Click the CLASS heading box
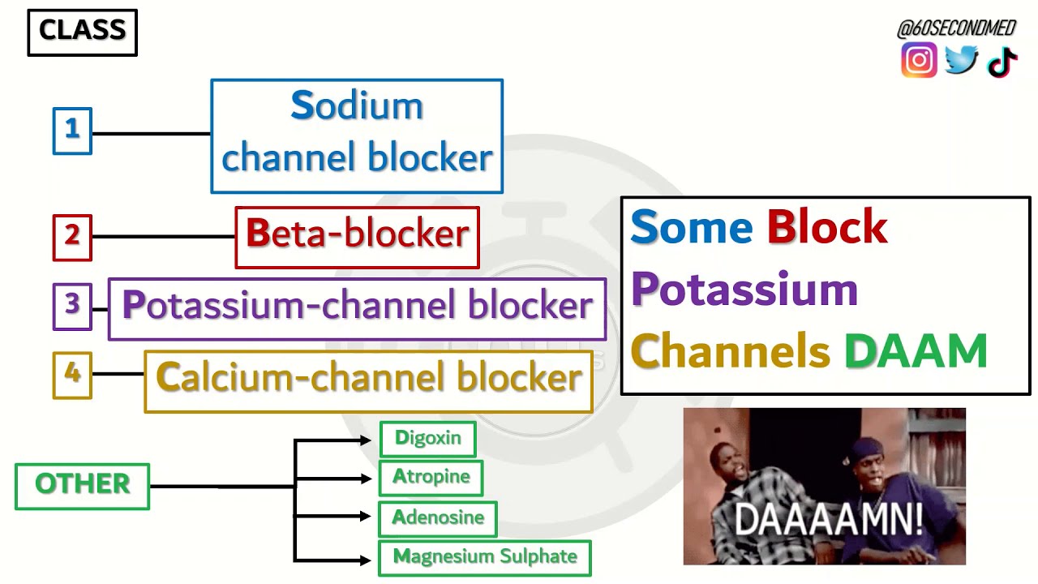tap(82, 32)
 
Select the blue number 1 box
tap(72, 131)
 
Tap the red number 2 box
tap(72, 237)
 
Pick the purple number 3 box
tap(72, 306)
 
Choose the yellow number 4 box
tap(72, 375)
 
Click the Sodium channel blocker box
tap(357, 136)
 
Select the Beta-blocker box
tap(357, 237)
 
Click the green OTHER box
tap(82, 486)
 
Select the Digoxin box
tap(427, 439)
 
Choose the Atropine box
tap(431, 478)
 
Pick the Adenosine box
tap(438, 518)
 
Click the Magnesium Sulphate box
tap(485, 558)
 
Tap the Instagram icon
tap(919, 61)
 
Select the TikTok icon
tap(1002, 62)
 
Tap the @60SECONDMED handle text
tap(956, 29)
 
